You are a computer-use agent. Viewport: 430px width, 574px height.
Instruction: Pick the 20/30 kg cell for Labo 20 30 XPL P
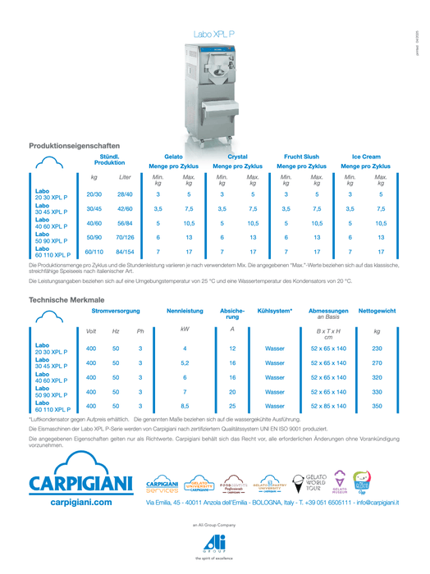pyautogui.click(x=94, y=194)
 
